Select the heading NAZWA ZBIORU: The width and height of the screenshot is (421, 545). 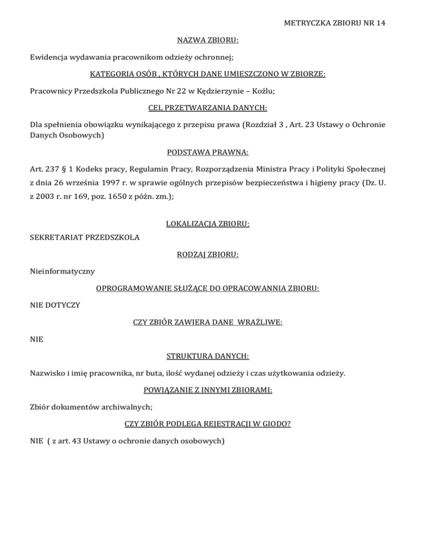(x=211, y=41)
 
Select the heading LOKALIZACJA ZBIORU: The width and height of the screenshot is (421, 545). (x=211, y=224)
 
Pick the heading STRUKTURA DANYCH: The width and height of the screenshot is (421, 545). (x=211, y=356)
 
